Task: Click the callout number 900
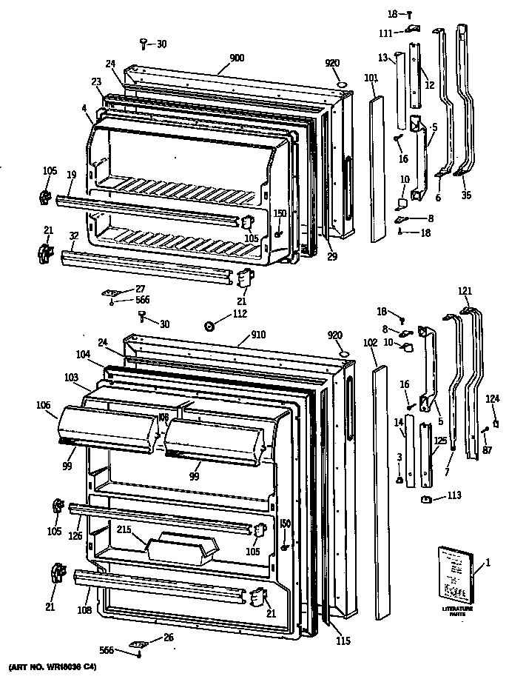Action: pos(237,58)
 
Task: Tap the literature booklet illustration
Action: pos(454,573)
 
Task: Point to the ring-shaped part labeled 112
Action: pos(209,325)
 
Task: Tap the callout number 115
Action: pos(341,640)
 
